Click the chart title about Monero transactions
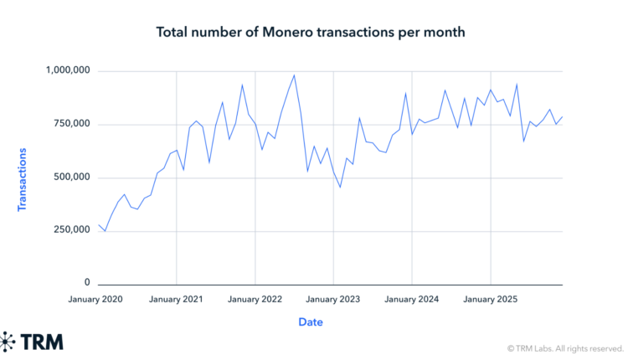point(310,33)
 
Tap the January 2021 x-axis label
point(177,299)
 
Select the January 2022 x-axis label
point(255,299)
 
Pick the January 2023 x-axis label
point(333,299)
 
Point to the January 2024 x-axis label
point(412,299)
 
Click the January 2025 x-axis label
point(491,299)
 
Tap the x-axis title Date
point(310,321)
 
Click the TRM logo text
point(43,342)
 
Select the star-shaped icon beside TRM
point(8,342)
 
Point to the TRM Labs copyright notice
point(565,347)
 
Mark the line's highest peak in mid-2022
point(294,75)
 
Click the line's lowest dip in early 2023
point(340,187)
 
